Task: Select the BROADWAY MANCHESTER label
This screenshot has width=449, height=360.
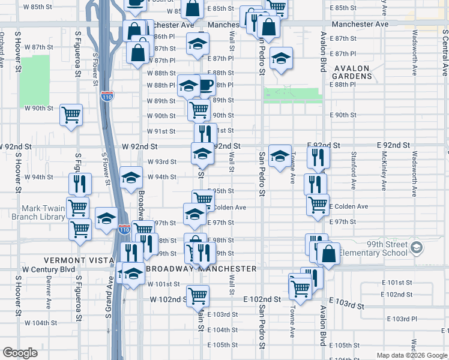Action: click(x=201, y=268)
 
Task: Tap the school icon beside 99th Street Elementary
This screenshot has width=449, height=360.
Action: click(x=418, y=247)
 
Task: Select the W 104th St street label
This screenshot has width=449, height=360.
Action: click(x=41, y=323)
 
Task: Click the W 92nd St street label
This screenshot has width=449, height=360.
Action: click(x=139, y=146)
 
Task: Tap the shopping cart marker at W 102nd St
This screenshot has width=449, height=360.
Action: click(x=197, y=295)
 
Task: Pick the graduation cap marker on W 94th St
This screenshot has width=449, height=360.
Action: click(x=130, y=177)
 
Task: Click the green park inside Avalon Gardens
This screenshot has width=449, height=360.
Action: click(x=292, y=95)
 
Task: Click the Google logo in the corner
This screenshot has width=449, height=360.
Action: click(x=20, y=353)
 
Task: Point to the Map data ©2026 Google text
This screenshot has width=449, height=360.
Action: click(x=412, y=355)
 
